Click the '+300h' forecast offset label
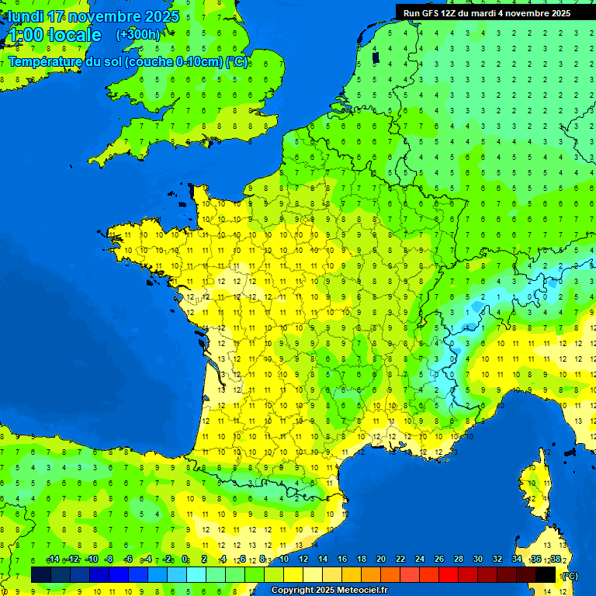point(138,34)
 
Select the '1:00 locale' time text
point(54,35)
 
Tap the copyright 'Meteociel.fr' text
point(362,591)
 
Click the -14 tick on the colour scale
point(53,560)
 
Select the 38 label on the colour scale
point(555,560)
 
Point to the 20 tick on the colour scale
point(381,560)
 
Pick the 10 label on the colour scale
point(284,560)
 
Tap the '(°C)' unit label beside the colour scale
point(570,576)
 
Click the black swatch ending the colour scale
point(546,574)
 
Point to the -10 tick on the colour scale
point(91,560)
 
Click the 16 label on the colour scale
point(342,560)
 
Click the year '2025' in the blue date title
point(161,16)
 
